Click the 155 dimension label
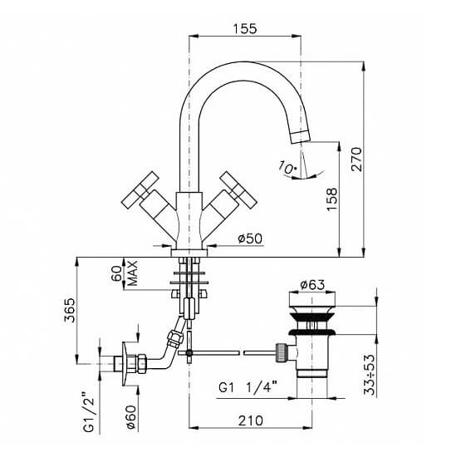pos(245,29)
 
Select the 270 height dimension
pos(357,159)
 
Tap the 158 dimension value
pos(332,199)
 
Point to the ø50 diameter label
pos(250,239)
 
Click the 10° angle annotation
pos(287,167)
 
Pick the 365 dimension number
pos(70,310)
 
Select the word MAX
pos(132,273)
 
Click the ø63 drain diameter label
pos(312,284)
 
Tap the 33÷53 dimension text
pos(370,375)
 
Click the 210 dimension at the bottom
pos(250,420)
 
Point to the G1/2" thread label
pos(89,411)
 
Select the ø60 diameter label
pos(130,417)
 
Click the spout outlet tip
pos(301,137)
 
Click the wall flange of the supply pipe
pos(125,364)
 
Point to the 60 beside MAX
pos(117,273)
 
